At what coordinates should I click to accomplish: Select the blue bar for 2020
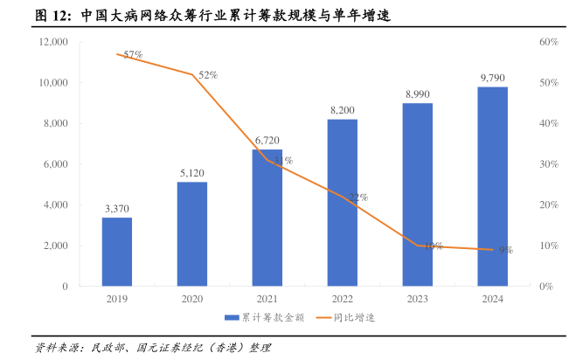(192, 234)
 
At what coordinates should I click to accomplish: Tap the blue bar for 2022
(343, 203)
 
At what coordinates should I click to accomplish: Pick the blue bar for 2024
(493, 186)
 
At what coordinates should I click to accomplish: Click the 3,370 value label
(117, 208)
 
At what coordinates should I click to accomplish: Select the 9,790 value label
(493, 78)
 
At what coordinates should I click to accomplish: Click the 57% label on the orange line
(133, 55)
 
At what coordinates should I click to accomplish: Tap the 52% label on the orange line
(208, 75)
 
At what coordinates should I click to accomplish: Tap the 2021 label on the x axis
(267, 299)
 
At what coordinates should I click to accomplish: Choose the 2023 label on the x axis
(418, 299)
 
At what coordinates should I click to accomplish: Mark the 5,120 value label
(192, 172)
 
